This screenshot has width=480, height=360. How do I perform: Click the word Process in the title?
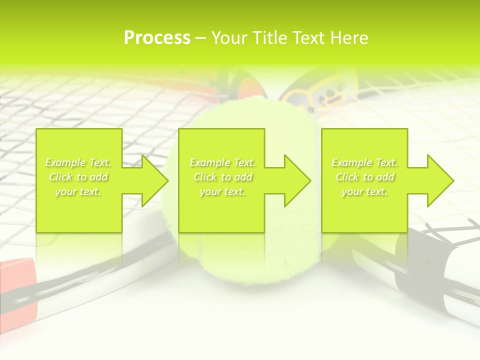(x=157, y=38)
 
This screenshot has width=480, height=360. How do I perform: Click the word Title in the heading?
(x=268, y=38)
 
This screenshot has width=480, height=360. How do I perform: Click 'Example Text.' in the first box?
(x=78, y=162)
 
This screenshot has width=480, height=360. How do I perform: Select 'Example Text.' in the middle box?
(x=222, y=162)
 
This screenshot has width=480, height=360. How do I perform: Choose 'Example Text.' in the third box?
(x=364, y=162)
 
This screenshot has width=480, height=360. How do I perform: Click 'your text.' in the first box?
(x=78, y=191)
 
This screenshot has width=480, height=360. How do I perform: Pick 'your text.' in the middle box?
(x=222, y=191)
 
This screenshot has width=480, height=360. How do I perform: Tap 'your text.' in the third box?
(x=364, y=191)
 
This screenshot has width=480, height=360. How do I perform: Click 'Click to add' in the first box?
(x=78, y=177)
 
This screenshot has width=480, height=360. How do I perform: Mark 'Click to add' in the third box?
(x=364, y=177)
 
